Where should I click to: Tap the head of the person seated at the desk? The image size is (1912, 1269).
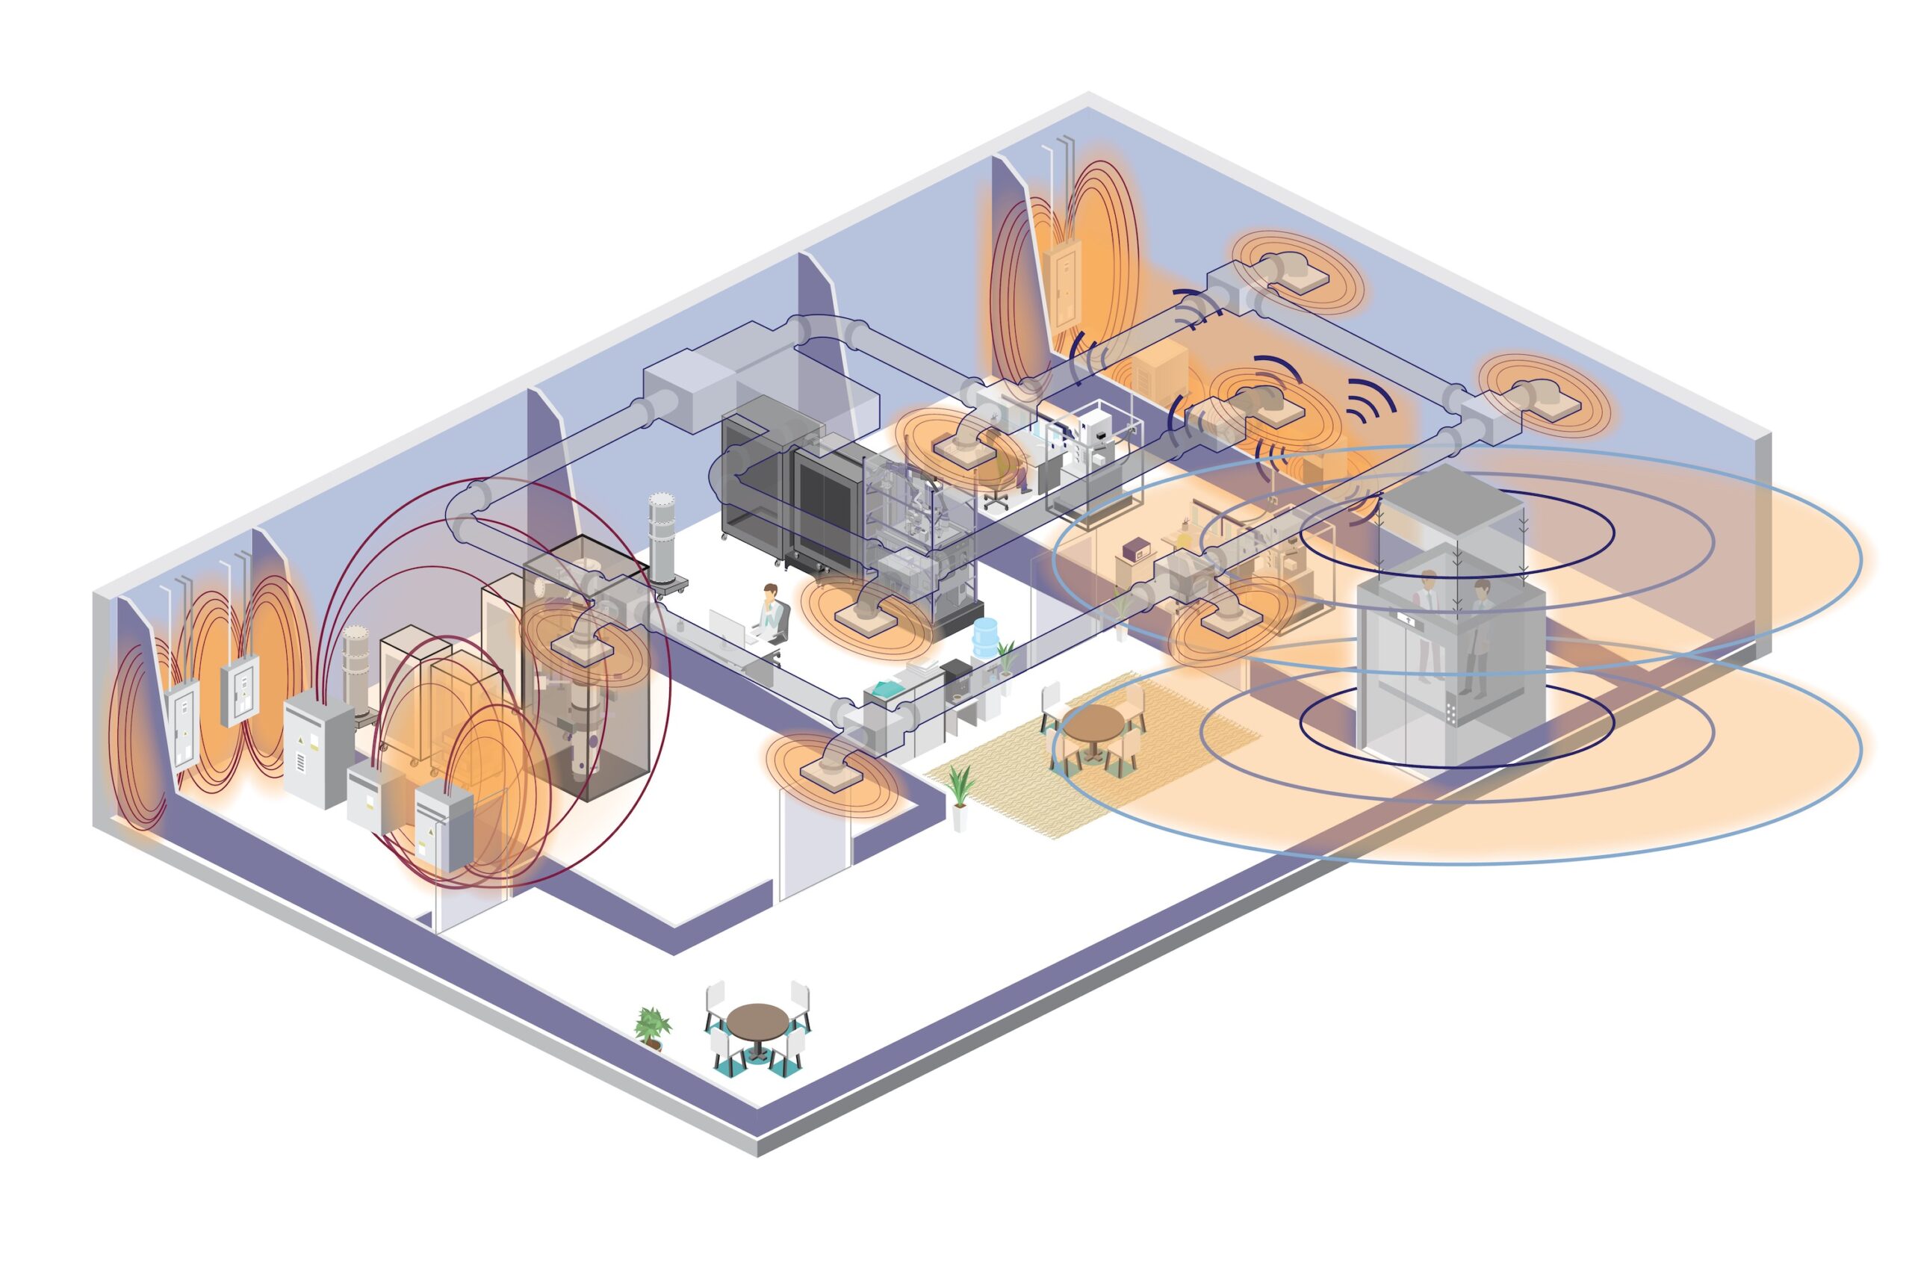770,592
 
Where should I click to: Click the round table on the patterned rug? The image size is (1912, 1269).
1093,723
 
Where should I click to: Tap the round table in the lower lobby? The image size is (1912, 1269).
757,1020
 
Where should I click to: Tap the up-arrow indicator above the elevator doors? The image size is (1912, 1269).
1409,620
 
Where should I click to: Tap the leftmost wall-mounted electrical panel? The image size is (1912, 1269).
182,724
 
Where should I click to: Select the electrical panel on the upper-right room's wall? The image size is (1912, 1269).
1061,285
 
